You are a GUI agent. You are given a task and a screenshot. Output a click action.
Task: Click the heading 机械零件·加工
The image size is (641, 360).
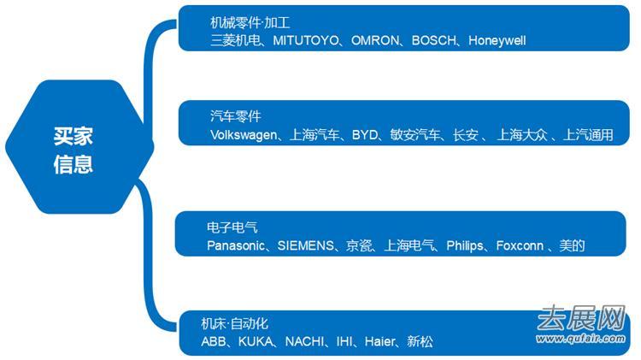[250, 22]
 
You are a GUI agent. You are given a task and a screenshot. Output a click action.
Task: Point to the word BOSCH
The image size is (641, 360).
[436, 40]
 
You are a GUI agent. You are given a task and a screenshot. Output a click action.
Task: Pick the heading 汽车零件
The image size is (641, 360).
[236, 116]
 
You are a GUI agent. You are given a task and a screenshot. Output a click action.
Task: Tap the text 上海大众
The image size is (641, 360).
[523, 134]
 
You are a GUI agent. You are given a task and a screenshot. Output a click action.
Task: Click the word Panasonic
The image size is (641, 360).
[238, 245]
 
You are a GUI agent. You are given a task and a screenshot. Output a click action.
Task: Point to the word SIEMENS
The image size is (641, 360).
[306, 245]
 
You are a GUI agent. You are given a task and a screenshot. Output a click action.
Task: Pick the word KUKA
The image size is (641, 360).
[257, 341]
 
